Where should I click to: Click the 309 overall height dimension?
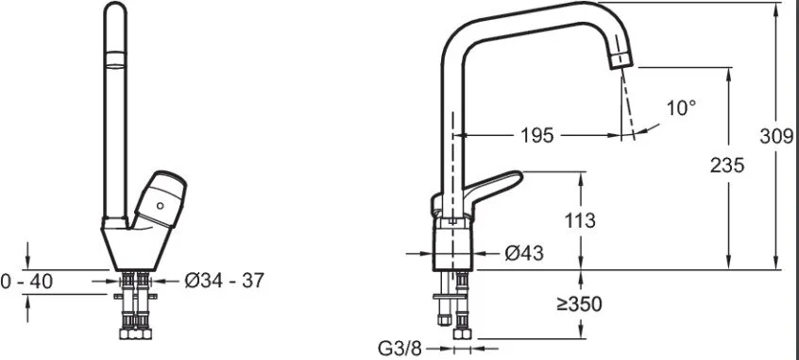click(776, 137)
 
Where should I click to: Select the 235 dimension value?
click(727, 165)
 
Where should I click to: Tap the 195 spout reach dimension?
click(536, 136)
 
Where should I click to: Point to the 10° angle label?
click(681, 108)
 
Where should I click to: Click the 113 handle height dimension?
click(580, 220)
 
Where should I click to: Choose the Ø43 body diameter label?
click(524, 253)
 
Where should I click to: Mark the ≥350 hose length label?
click(579, 304)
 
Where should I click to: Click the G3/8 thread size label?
click(400, 349)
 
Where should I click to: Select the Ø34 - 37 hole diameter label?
click(224, 280)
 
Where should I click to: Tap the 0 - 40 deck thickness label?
click(26, 281)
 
